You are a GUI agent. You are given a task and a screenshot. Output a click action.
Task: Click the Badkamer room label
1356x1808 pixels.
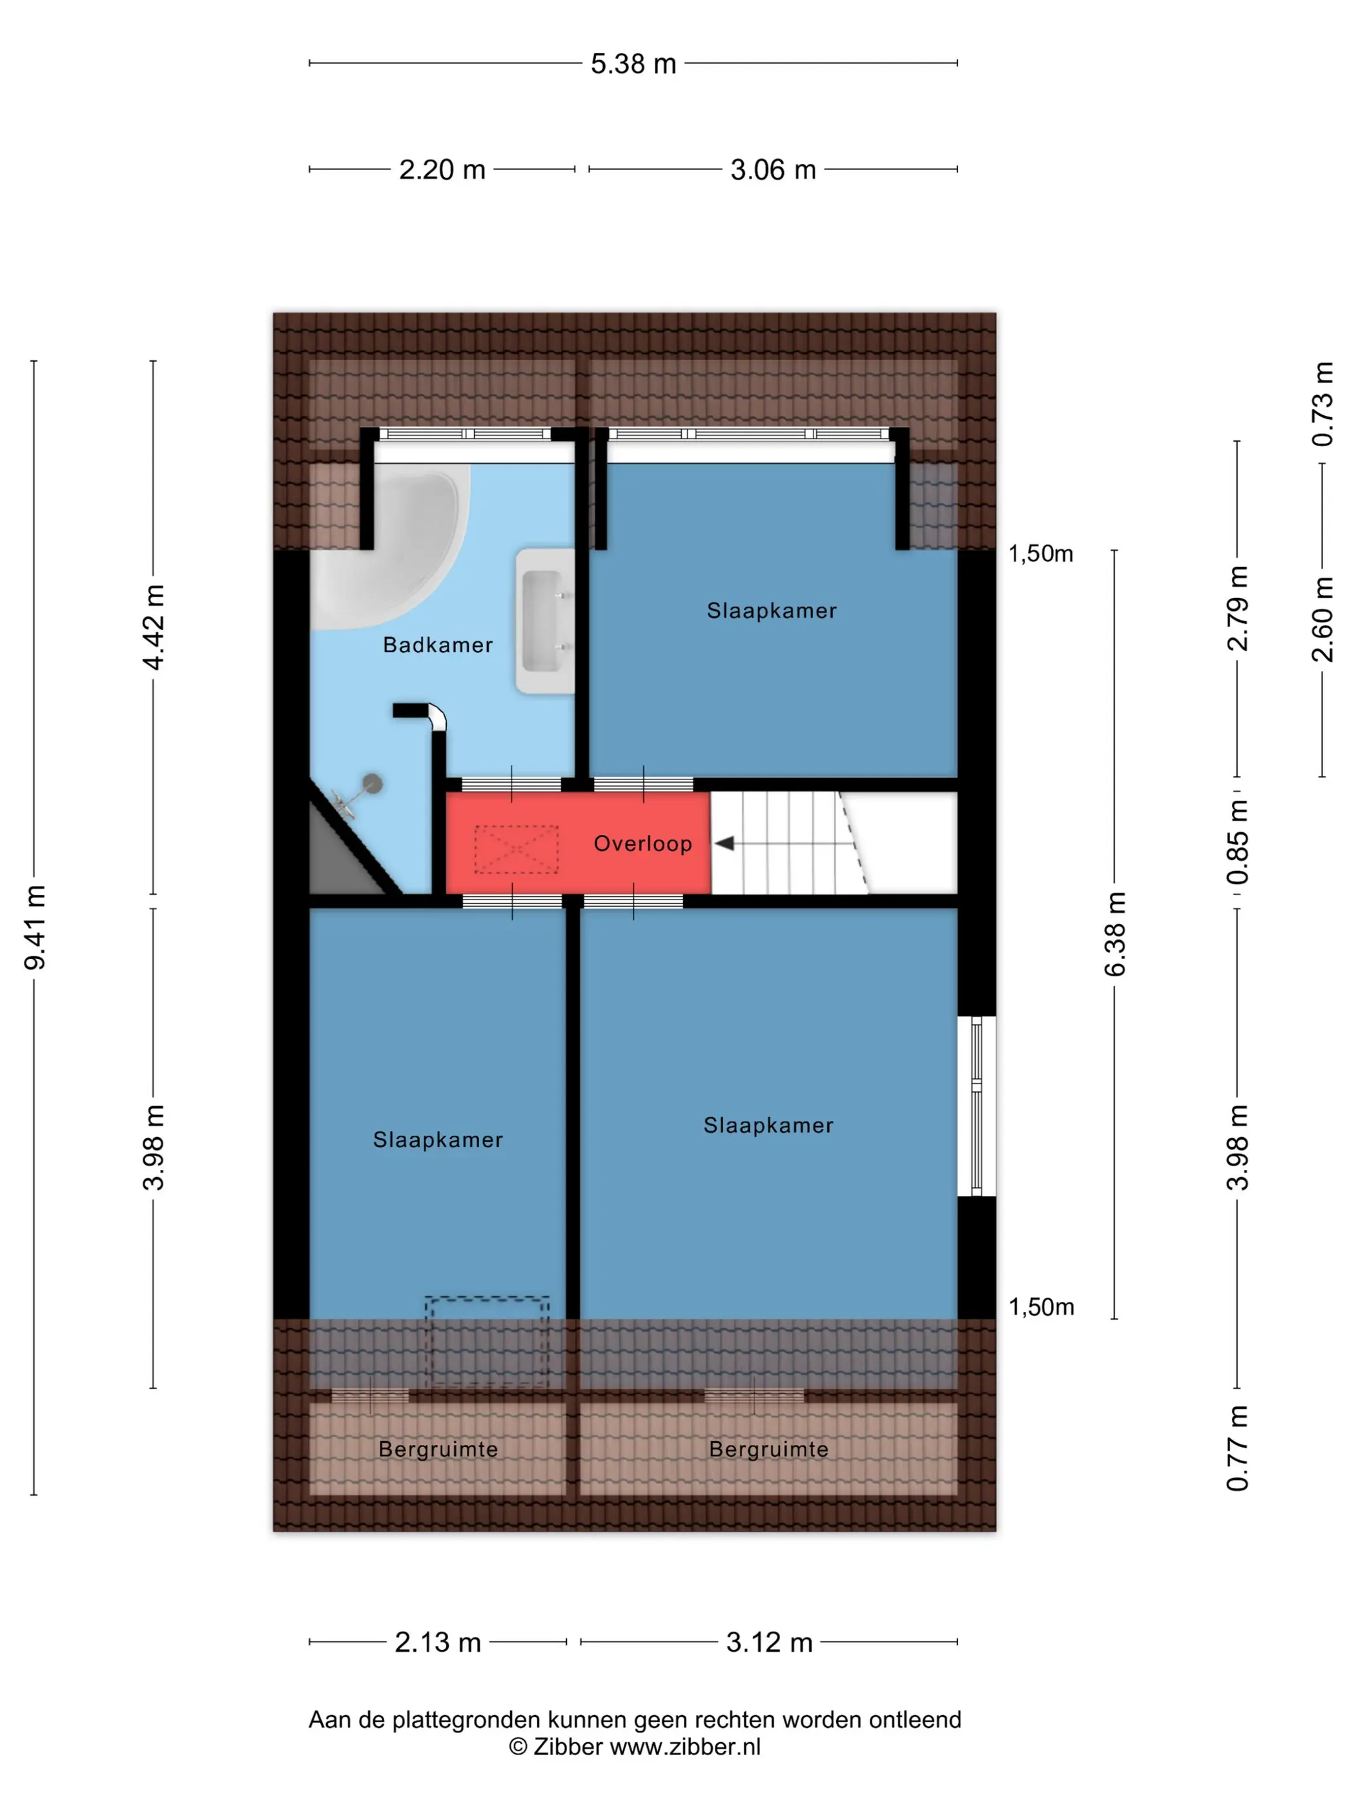click(x=437, y=645)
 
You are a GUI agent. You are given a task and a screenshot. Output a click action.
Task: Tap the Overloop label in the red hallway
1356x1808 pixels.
click(x=642, y=843)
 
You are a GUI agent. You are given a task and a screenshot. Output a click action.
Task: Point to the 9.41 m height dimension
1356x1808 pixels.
click(x=35, y=927)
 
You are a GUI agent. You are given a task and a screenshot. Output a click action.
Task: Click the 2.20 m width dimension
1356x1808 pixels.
click(x=442, y=169)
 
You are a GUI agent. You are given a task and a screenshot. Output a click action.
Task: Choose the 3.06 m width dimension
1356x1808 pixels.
click(x=773, y=169)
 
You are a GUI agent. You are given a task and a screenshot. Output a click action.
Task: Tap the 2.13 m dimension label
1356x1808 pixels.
click(x=437, y=1642)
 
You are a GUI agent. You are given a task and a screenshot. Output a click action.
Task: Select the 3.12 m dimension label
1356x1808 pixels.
click(x=769, y=1642)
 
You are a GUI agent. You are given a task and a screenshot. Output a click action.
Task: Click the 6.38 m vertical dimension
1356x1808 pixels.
click(x=1115, y=934)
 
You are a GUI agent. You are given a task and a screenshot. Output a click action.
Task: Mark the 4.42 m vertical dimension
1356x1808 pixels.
click(x=154, y=627)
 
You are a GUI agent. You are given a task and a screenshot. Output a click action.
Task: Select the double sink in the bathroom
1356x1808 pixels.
click(x=545, y=621)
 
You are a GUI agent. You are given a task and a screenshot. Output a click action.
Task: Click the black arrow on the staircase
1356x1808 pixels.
click(x=724, y=843)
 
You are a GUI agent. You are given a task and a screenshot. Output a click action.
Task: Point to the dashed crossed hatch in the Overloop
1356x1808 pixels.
click(x=516, y=849)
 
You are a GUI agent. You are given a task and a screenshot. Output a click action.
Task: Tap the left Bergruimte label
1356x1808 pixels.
click(x=438, y=1449)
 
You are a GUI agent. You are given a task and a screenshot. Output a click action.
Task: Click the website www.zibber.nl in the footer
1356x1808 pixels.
click(x=685, y=1747)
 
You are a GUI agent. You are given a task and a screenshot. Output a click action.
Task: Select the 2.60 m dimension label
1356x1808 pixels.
click(x=1322, y=619)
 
